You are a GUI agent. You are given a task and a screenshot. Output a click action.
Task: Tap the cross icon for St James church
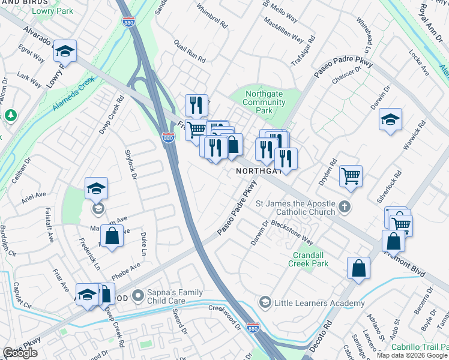coord(344,207)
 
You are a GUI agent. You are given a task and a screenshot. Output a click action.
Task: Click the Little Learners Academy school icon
coord(265,303)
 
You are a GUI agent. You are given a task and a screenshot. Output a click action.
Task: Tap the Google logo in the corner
coord(20,353)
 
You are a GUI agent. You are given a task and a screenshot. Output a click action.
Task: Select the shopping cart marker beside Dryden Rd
coord(351,176)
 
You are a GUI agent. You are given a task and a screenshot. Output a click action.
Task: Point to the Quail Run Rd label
coord(189,52)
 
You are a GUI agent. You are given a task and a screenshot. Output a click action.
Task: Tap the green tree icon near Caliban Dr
coord(10,115)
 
